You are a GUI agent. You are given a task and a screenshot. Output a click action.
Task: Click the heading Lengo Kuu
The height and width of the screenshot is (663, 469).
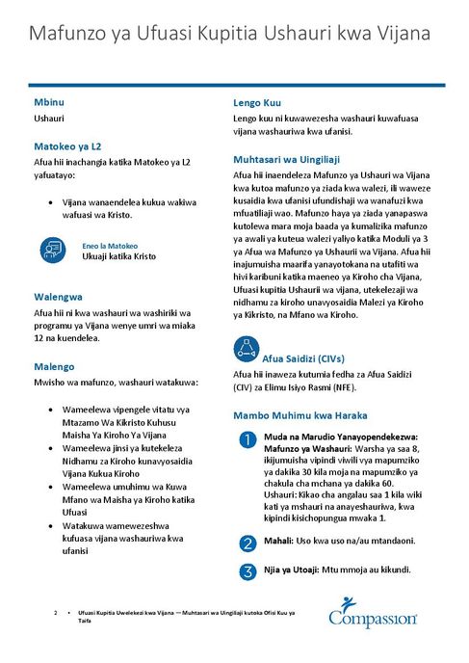tap(257, 101)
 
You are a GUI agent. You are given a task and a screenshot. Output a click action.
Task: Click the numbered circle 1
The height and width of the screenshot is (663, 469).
tap(247, 440)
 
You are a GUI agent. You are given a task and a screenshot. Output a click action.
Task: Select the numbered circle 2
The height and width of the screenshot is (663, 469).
tap(247, 543)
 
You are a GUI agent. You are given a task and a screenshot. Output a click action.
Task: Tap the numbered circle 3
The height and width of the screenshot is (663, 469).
tap(247, 570)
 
